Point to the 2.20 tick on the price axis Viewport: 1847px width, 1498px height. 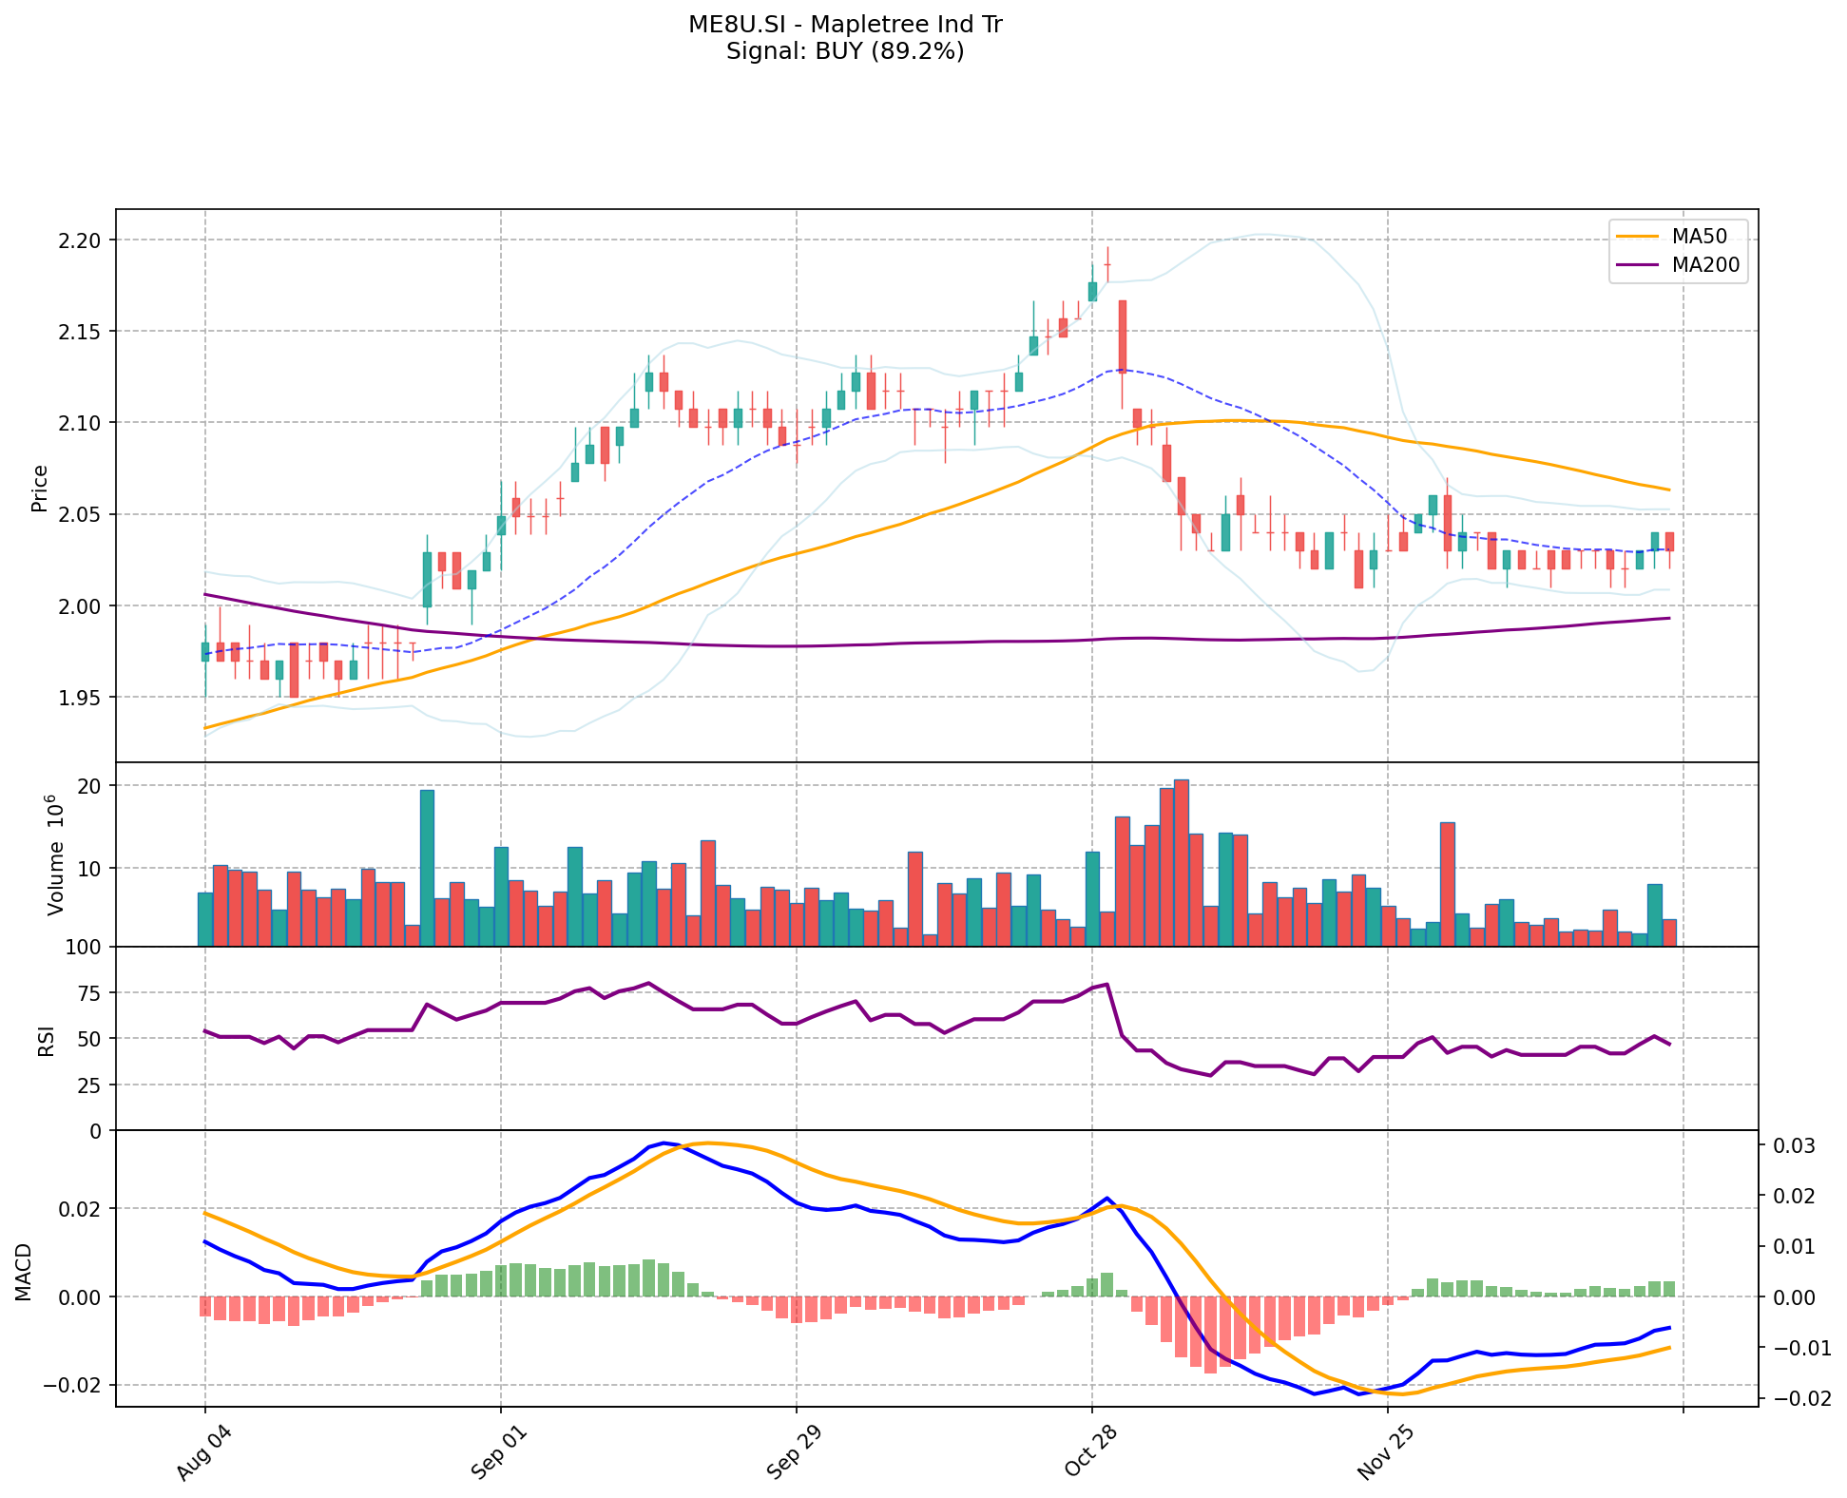pyautogui.click(x=81, y=240)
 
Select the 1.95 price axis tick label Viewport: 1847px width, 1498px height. pyautogui.click(x=81, y=698)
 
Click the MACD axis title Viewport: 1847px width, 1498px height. pyautogui.click(x=24, y=1272)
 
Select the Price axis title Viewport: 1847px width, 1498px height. pyautogui.click(x=40, y=489)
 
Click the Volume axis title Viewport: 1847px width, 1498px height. pyautogui.click(x=55, y=855)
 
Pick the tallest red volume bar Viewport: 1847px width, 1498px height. pyautogui.click(x=1181, y=863)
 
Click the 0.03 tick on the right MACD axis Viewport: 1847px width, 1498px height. pyautogui.click(x=1793, y=1146)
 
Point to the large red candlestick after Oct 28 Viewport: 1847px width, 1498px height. pyautogui.click(x=1122, y=336)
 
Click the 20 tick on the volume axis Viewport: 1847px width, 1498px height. pyautogui.click(x=92, y=786)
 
